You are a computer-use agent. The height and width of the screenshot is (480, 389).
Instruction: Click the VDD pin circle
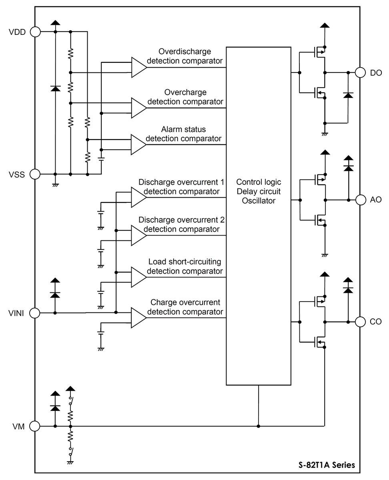click(35, 32)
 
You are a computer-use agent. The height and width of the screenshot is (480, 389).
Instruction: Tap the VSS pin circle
click(35, 174)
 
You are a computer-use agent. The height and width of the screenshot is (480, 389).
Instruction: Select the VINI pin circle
click(35, 313)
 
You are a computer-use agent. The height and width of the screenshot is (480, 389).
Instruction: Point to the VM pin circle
click(35, 426)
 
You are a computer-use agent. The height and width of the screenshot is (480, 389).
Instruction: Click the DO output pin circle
click(361, 72)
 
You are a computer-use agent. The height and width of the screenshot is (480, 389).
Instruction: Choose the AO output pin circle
click(361, 199)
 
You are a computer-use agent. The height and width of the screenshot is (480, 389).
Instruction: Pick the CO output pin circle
click(361, 322)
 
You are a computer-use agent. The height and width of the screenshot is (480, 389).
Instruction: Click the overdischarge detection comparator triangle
click(138, 67)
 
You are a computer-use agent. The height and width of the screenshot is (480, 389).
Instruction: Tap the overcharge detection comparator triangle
click(138, 107)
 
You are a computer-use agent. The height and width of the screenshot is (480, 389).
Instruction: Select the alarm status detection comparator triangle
click(138, 144)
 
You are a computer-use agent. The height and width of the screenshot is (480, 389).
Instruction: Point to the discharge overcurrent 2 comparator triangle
click(138, 235)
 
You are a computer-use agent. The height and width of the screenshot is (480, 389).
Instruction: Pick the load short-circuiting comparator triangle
click(138, 277)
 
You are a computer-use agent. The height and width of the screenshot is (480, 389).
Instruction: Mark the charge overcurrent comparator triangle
click(138, 318)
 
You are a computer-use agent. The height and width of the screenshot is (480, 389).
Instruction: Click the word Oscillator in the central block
click(259, 201)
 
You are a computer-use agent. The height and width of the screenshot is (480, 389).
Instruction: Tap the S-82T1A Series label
click(326, 465)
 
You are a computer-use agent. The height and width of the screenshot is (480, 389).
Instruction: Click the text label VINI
click(16, 313)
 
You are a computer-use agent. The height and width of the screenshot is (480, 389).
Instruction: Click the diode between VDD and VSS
click(55, 88)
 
